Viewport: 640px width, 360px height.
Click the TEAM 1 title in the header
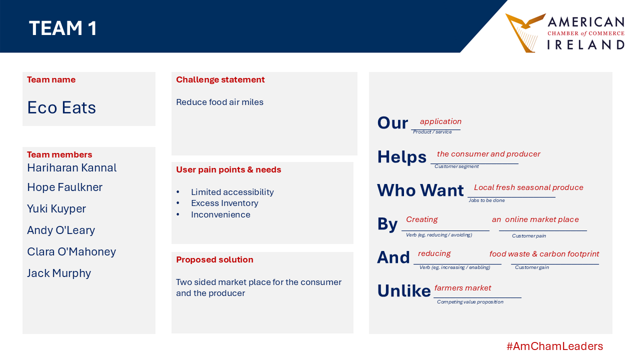(63, 28)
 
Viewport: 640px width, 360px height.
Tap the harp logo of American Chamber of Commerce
(524, 33)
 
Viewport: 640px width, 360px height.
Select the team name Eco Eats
(61, 107)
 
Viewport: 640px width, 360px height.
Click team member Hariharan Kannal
(71, 167)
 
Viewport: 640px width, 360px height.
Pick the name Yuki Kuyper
(56, 209)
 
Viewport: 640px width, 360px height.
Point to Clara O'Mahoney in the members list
(71, 251)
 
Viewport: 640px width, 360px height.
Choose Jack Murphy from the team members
(59, 273)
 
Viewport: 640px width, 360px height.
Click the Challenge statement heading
(220, 79)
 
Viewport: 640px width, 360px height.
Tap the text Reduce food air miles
(219, 102)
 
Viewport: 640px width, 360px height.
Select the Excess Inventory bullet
(224, 203)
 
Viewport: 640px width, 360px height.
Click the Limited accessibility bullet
(232, 192)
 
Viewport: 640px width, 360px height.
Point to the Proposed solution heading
(214, 259)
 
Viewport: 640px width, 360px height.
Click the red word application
(440, 121)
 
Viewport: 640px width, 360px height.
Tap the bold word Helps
(401, 157)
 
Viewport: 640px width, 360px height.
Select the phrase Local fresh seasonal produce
(528, 187)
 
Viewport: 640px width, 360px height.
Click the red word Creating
(421, 219)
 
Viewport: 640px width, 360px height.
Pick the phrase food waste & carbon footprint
(544, 253)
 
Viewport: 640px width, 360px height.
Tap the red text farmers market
(462, 287)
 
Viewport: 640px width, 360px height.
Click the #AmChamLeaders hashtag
(554, 346)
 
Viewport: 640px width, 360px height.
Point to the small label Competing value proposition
(470, 302)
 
